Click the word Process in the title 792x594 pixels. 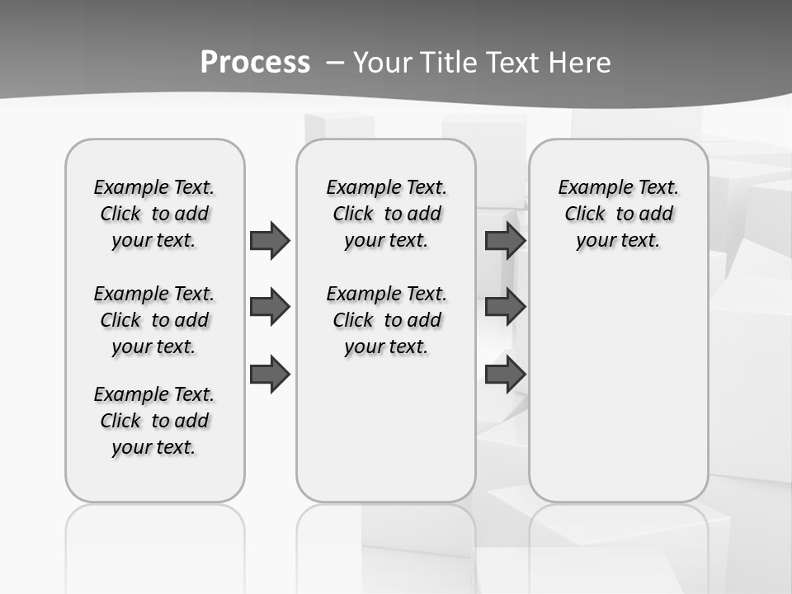coord(255,62)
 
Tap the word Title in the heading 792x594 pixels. coord(449,63)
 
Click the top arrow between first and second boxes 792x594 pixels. coord(270,240)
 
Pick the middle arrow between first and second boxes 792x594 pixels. coord(270,307)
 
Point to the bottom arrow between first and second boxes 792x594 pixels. coord(270,375)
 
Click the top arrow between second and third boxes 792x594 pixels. coord(505,240)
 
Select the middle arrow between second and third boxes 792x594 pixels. coord(505,307)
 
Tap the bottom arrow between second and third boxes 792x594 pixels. coord(505,375)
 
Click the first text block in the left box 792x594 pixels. coord(154,214)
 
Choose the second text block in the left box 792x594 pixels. coord(154,320)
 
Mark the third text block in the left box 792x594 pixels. coord(154,421)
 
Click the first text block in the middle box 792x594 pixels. coord(386,214)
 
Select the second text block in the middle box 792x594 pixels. coord(386,320)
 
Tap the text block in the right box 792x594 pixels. coord(618,214)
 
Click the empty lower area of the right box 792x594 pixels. coord(618,388)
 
